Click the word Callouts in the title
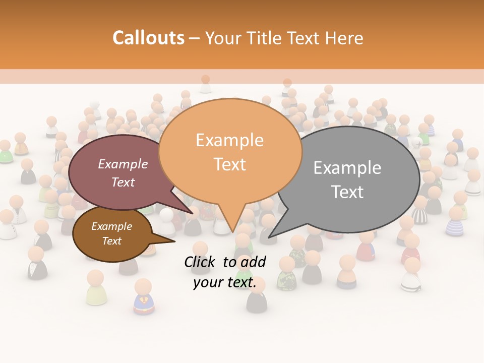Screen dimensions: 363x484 148,38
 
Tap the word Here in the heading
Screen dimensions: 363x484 344,38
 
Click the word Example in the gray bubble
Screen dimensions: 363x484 347,168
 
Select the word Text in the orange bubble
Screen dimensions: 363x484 229,164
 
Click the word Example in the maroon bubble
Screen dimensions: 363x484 123,164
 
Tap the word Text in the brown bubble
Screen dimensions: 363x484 111,241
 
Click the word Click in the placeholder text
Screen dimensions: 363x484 200,262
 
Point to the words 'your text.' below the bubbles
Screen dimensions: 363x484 224,283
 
